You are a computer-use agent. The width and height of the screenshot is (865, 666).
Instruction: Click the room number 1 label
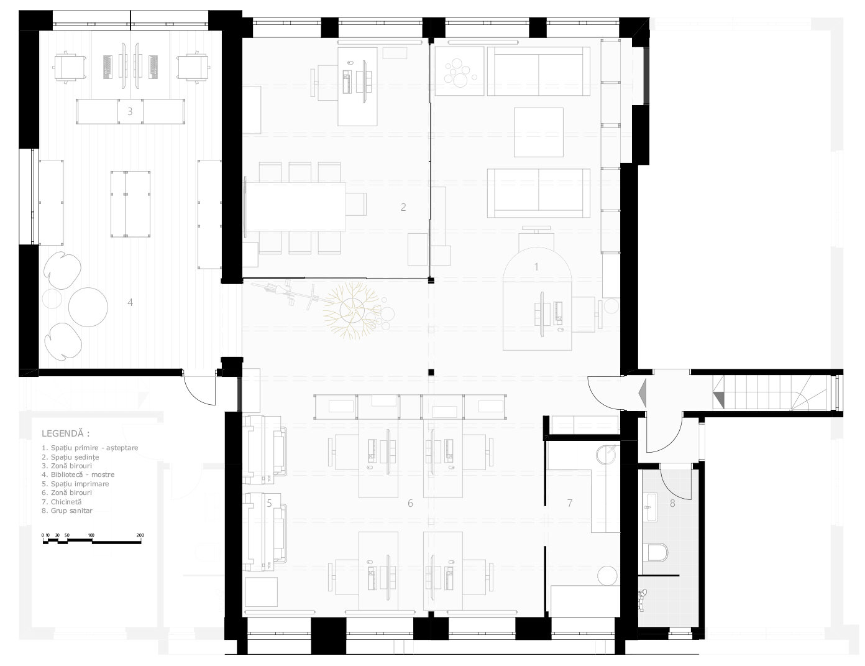(536, 267)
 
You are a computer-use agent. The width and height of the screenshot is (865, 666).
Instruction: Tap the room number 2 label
(403, 206)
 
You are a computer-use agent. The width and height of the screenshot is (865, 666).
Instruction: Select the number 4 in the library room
(130, 302)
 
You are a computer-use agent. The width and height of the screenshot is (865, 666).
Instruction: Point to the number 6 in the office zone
(410, 503)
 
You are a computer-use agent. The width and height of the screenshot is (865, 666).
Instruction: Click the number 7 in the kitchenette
(570, 503)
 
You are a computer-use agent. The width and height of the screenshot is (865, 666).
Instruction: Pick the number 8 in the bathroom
(672, 504)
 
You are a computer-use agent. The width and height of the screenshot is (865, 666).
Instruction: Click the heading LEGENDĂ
(65, 433)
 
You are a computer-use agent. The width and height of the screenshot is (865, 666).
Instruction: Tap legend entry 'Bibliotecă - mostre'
(78, 474)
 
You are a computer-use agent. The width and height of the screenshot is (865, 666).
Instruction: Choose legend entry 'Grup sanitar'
(67, 511)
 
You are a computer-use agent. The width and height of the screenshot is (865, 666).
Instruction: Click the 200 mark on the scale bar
(140, 535)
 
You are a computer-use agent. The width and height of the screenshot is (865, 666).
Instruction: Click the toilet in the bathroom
(657, 552)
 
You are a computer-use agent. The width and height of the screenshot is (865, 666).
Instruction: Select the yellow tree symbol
(352, 310)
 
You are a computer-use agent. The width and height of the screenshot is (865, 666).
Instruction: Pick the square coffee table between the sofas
(539, 132)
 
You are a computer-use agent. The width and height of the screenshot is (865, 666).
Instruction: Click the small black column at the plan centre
(431, 372)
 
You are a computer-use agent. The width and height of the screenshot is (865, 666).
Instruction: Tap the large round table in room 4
(88, 307)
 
